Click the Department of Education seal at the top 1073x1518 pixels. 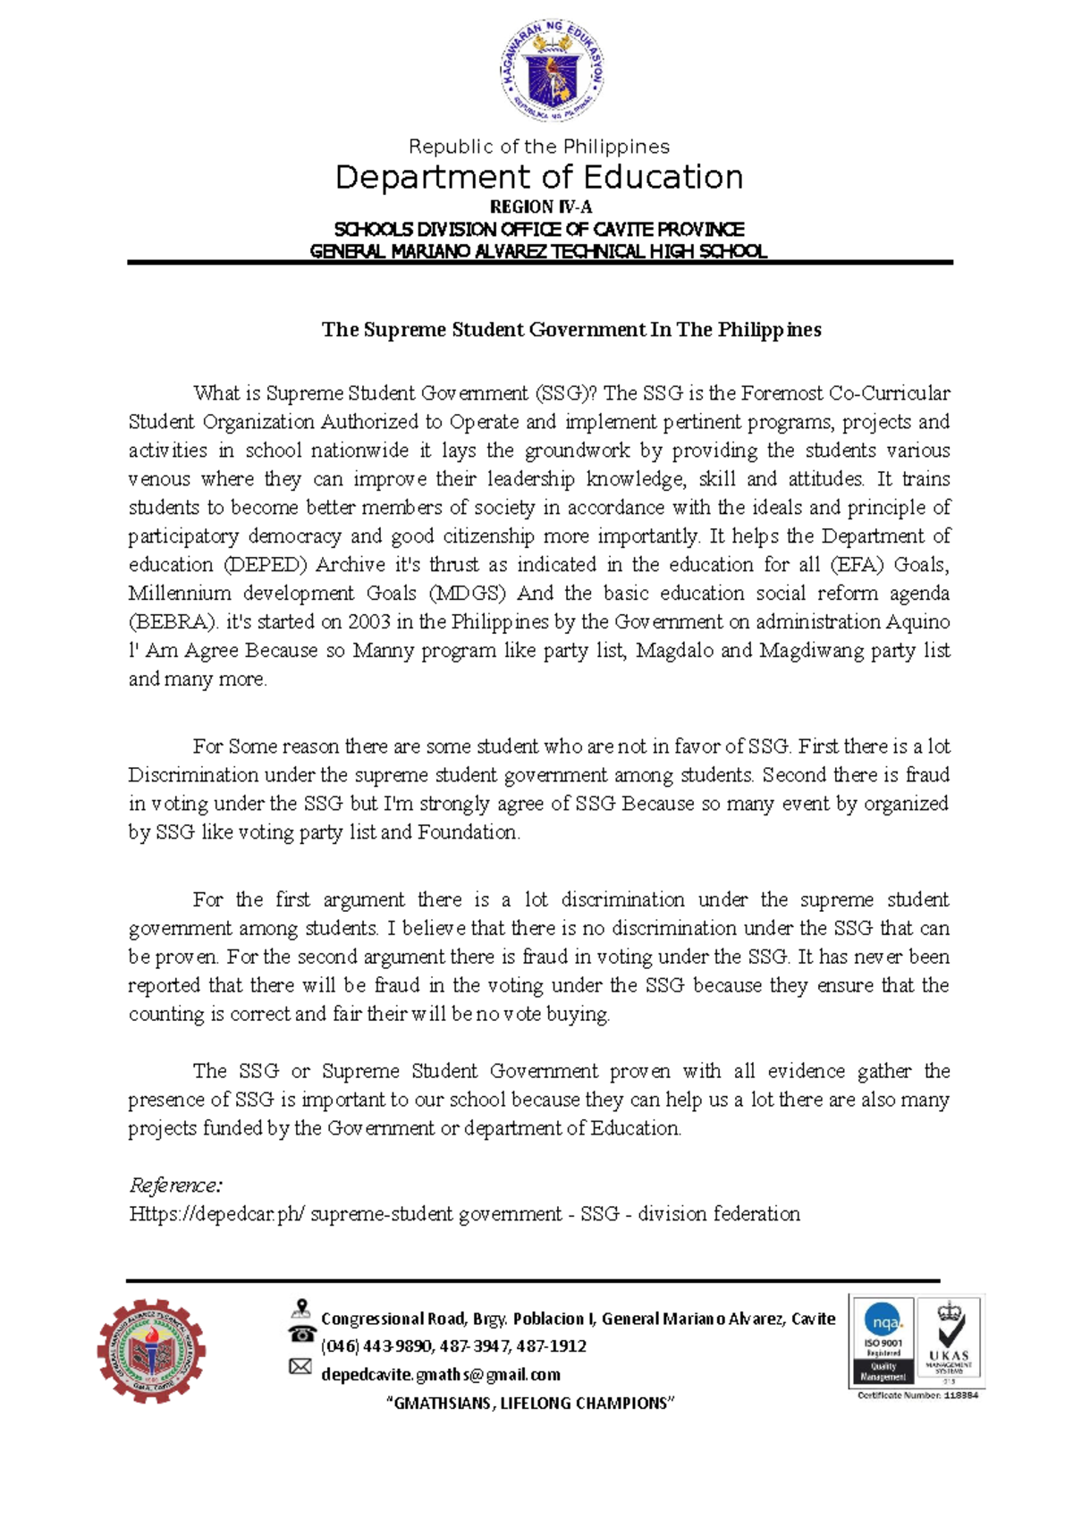(552, 72)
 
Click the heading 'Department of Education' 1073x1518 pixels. (538, 177)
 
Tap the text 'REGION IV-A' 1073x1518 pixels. (540, 207)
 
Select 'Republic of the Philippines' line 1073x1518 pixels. (538, 147)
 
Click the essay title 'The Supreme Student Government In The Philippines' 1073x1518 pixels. (570, 330)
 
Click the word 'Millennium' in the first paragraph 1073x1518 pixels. (180, 594)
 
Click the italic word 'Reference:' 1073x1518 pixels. (175, 1185)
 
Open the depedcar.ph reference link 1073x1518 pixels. (464, 1214)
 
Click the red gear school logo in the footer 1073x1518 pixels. (151, 1351)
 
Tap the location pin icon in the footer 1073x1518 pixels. (301, 1310)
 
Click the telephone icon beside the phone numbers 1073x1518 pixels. (301, 1335)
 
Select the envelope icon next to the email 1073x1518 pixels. (300, 1367)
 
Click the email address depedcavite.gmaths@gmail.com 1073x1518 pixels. (441, 1375)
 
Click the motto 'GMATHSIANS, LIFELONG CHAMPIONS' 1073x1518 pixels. (529, 1404)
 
